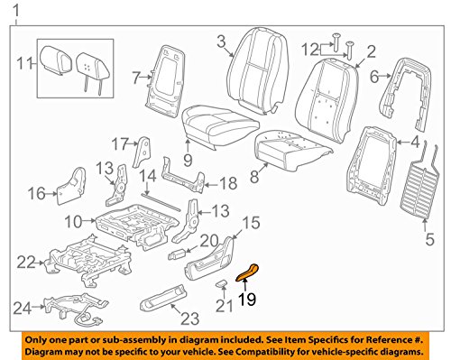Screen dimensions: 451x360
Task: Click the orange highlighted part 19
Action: click(247, 272)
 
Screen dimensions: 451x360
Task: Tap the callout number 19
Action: click(247, 299)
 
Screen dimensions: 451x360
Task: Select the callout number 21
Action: click(225, 306)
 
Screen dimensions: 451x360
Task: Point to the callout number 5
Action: click(430, 239)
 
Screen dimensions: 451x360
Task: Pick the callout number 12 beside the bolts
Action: click(310, 50)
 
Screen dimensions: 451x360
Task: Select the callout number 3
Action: click(221, 42)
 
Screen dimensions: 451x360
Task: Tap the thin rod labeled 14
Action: click(161, 202)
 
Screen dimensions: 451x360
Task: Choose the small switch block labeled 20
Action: click(178, 254)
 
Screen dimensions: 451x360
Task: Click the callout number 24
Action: click(23, 308)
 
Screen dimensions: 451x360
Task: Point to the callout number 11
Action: click(24, 64)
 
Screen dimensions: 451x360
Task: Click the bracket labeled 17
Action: click(142, 152)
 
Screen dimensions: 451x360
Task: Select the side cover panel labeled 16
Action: click(71, 186)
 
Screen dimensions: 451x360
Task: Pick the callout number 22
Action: click(26, 263)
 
